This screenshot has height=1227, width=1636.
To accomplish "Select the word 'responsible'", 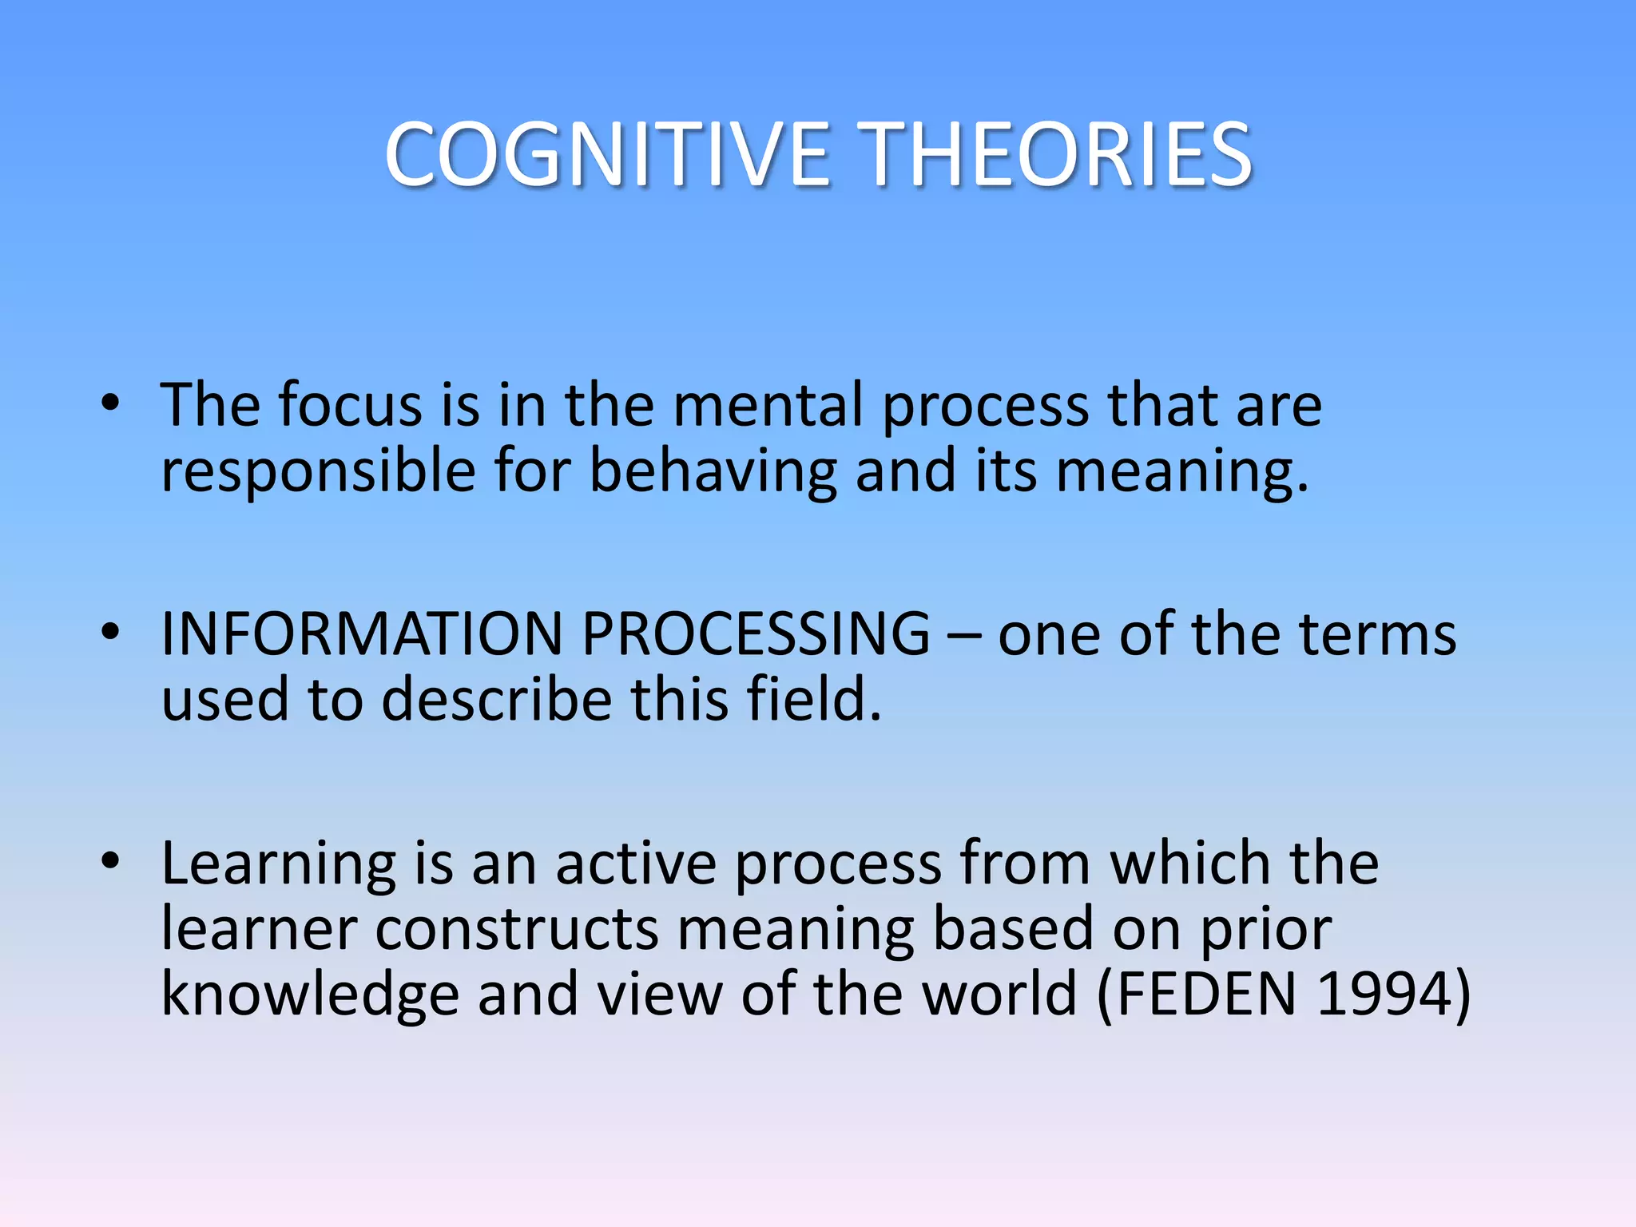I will [318, 471].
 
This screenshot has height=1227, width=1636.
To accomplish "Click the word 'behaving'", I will [713, 471].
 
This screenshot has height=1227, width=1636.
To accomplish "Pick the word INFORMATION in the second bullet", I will [361, 634].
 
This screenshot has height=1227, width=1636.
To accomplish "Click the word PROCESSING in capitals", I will [756, 634].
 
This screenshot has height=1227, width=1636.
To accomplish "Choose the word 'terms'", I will [1377, 634].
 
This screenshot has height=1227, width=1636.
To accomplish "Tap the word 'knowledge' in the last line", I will [310, 995].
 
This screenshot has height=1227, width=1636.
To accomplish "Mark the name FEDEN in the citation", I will [1206, 995].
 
